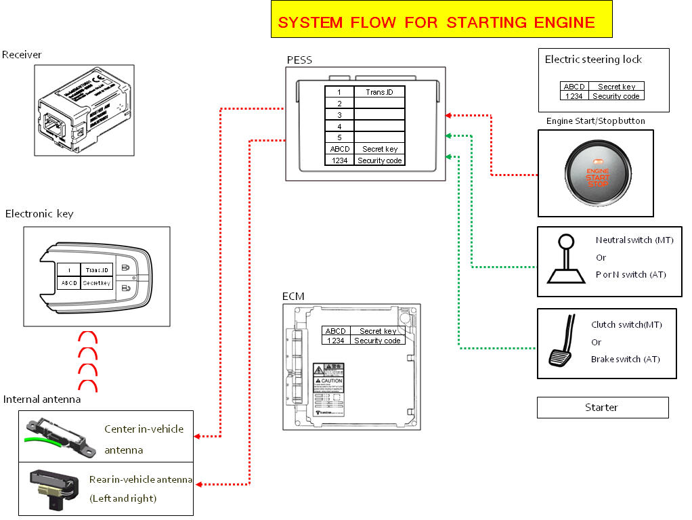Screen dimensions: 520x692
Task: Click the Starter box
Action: (602, 408)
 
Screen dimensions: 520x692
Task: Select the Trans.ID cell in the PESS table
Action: (379, 92)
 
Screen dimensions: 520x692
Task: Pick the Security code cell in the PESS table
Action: (379, 160)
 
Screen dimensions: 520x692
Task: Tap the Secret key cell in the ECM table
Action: (378, 331)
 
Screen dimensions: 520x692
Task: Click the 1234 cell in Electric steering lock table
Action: (574, 96)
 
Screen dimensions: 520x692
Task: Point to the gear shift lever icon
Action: (565, 261)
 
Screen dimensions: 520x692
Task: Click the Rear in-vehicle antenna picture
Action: (53, 490)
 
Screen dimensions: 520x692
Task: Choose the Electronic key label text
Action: (39, 214)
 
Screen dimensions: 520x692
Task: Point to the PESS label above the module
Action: (299, 60)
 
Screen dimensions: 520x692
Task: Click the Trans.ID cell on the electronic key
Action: (96, 269)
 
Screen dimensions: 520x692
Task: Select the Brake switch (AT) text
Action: (625, 360)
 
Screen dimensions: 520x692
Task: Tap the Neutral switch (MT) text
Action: (634, 240)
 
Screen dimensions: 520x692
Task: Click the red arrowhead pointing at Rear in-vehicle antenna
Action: (200, 484)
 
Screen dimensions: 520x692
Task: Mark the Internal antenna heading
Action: (42, 399)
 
